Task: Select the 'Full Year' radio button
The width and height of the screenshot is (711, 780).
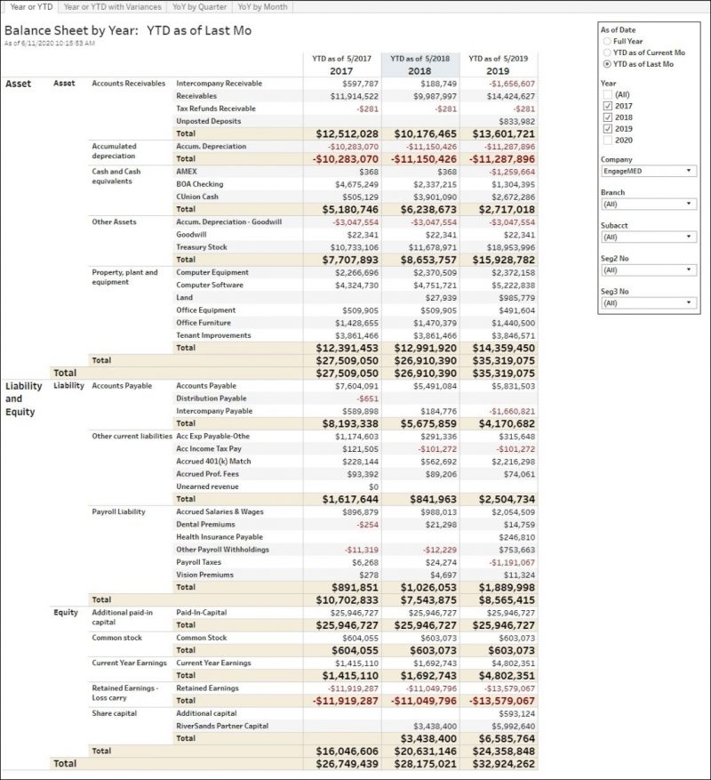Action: [606, 41]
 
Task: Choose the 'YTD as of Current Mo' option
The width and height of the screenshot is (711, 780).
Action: [606, 52]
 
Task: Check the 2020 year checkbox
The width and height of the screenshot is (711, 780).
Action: [607, 141]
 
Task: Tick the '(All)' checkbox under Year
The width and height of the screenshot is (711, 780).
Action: [607, 94]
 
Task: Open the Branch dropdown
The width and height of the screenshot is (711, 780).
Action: [648, 204]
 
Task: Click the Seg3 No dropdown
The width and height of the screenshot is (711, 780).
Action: [648, 302]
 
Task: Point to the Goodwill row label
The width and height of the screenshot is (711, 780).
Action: [192, 234]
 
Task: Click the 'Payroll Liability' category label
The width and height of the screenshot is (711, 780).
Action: [118, 511]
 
